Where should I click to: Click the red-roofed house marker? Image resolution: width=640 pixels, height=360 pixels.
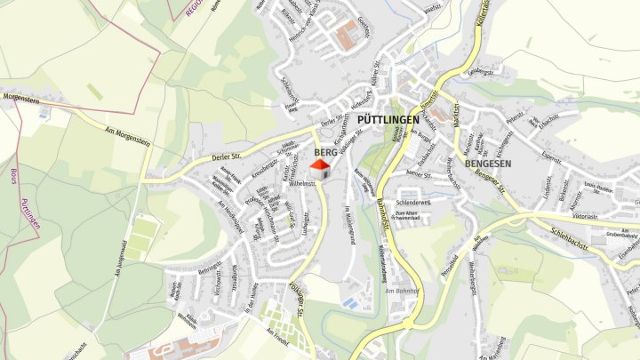319,165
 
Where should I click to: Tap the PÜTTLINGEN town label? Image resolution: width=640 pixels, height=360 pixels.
388,119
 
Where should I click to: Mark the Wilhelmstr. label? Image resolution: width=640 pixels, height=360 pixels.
303,183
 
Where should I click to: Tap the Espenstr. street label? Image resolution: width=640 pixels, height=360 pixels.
551,157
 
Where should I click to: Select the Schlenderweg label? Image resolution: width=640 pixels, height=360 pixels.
413,203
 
